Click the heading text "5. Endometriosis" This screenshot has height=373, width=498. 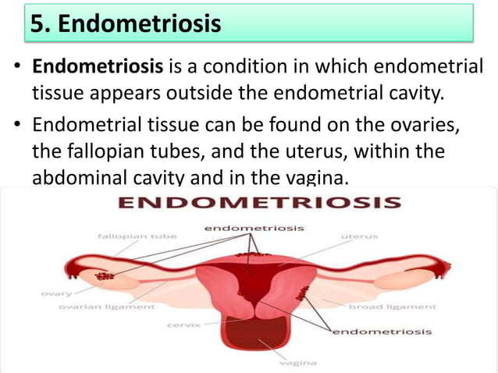pyautogui.click(x=125, y=23)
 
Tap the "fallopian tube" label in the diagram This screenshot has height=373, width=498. pyautogui.click(x=137, y=235)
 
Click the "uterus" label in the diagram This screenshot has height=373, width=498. pyautogui.click(x=359, y=235)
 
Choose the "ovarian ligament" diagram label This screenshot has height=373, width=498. pyautogui.click(x=107, y=307)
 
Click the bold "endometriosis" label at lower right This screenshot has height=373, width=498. pyautogui.click(x=382, y=332)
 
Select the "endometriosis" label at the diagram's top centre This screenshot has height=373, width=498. pyautogui.click(x=254, y=228)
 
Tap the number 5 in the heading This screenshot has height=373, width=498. pyautogui.click(x=37, y=23)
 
